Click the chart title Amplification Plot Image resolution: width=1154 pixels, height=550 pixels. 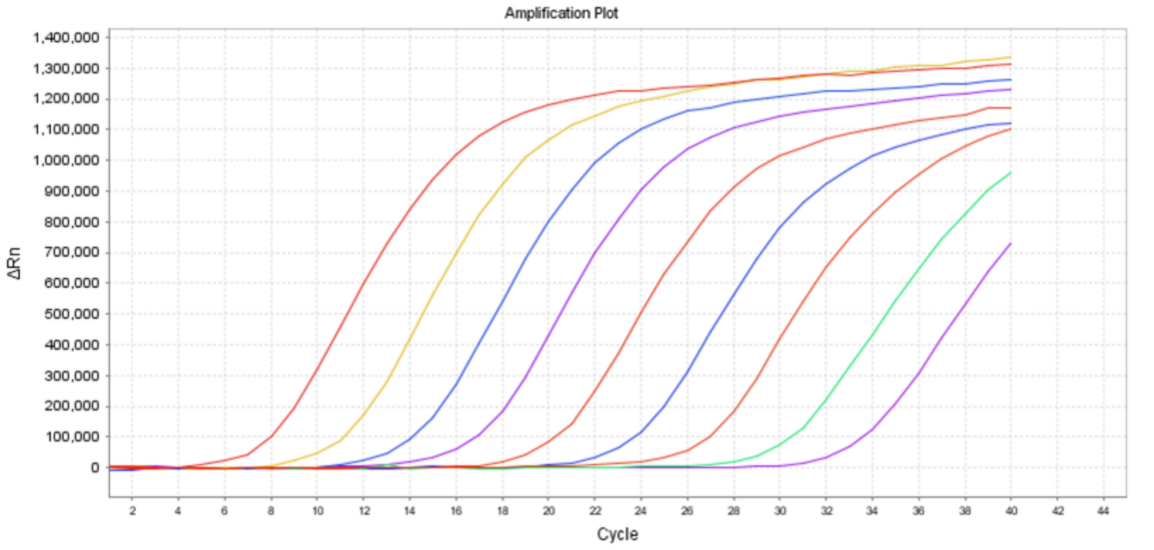561,13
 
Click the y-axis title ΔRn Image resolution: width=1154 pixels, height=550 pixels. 15,263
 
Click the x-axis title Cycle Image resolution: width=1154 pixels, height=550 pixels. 617,534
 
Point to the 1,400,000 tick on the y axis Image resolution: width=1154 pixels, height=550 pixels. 66,37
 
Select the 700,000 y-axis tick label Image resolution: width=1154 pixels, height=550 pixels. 71,252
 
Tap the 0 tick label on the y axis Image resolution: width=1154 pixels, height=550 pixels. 94,467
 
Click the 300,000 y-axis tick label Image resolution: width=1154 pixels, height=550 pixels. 71,375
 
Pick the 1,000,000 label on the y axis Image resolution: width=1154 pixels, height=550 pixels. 66,160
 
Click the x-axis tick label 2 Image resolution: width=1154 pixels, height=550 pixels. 132,510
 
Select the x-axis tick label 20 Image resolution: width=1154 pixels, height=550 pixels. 549,510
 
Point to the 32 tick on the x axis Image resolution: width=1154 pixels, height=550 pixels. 826,510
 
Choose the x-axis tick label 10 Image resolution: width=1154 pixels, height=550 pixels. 317,510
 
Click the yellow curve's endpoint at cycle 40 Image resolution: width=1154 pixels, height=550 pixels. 1010,57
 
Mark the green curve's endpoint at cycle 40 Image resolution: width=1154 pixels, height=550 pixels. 1010,172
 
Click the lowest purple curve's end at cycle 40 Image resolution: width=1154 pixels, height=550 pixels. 1010,243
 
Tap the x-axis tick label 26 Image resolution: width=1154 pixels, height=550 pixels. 687,510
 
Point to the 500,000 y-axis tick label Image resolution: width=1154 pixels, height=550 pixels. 71,314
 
